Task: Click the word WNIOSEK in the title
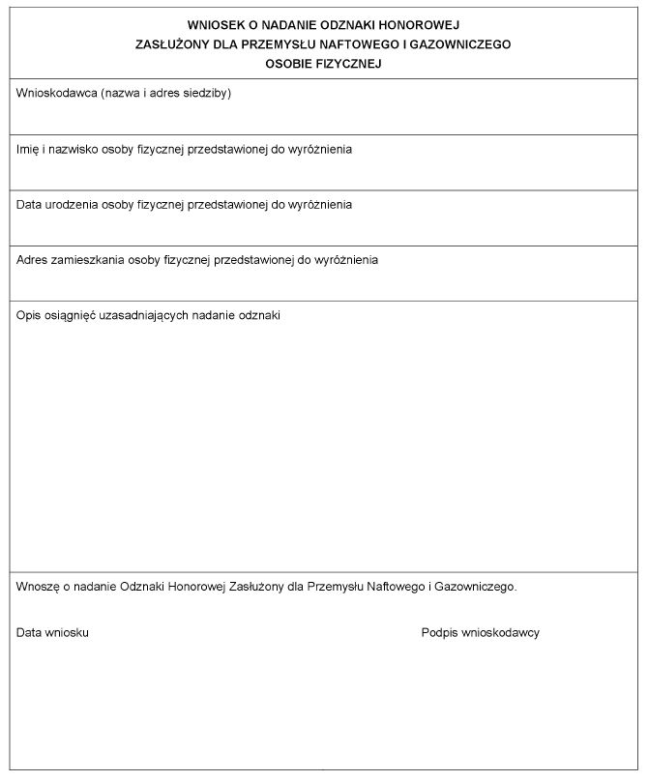click(x=212, y=24)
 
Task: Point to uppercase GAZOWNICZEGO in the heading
click(x=463, y=43)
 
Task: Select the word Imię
click(x=28, y=150)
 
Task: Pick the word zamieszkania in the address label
click(x=84, y=260)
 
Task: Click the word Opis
click(x=28, y=316)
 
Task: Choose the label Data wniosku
click(x=53, y=633)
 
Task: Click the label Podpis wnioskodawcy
click(x=480, y=633)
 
